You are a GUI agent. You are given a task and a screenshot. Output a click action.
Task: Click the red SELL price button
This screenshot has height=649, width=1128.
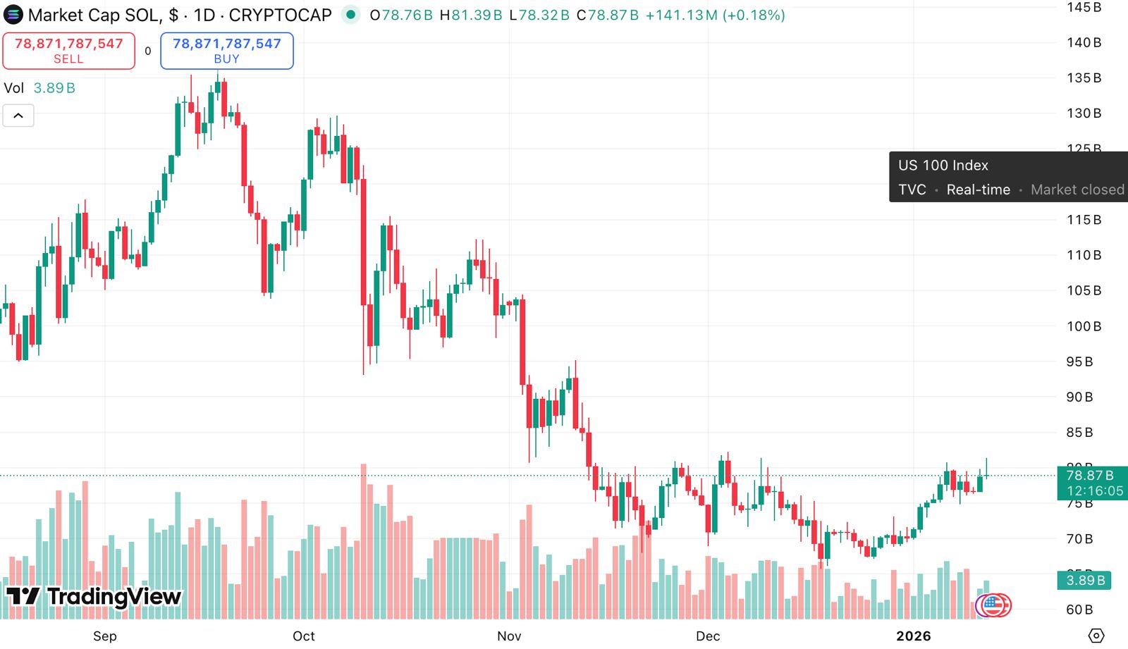pyautogui.click(x=68, y=51)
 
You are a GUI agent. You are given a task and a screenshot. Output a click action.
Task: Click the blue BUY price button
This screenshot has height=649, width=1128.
pyautogui.click(x=226, y=51)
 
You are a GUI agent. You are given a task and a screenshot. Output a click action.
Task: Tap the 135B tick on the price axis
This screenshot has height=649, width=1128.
pyautogui.click(x=1084, y=78)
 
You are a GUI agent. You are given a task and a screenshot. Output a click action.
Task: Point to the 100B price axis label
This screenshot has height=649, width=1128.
pyautogui.click(x=1084, y=326)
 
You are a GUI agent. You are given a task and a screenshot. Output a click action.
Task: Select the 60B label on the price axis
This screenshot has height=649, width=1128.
pyautogui.click(x=1079, y=610)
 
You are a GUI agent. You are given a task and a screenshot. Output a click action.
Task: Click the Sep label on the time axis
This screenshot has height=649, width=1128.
pyautogui.click(x=105, y=636)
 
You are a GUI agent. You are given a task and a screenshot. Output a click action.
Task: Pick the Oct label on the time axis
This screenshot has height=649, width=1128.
pyautogui.click(x=304, y=636)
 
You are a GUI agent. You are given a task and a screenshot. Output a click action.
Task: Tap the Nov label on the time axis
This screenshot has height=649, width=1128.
pyautogui.click(x=509, y=636)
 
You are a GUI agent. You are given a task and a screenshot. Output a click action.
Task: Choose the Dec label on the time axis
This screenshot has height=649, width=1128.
pyautogui.click(x=708, y=636)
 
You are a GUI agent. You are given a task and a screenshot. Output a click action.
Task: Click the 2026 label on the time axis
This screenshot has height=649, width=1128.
pyautogui.click(x=913, y=636)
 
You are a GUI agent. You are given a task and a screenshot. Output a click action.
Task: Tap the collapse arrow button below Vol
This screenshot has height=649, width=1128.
pyautogui.click(x=18, y=116)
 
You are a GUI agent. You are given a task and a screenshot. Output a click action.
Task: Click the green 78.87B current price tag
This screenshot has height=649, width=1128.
pyautogui.click(x=1092, y=483)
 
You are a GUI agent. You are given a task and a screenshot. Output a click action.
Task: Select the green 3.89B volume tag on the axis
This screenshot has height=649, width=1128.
pyautogui.click(x=1084, y=581)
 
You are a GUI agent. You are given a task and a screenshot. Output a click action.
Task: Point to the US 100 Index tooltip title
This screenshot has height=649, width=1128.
pyautogui.click(x=943, y=166)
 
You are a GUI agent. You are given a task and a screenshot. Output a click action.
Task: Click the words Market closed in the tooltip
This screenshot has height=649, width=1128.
pyautogui.click(x=1077, y=190)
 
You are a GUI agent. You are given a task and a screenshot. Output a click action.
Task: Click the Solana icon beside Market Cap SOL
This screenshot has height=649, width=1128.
pyautogui.click(x=13, y=15)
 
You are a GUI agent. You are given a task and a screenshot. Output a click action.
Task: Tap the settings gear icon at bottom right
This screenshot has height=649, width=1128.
pyautogui.click(x=1096, y=636)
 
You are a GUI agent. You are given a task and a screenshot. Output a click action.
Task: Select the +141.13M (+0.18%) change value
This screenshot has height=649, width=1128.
pyautogui.click(x=715, y=15)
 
